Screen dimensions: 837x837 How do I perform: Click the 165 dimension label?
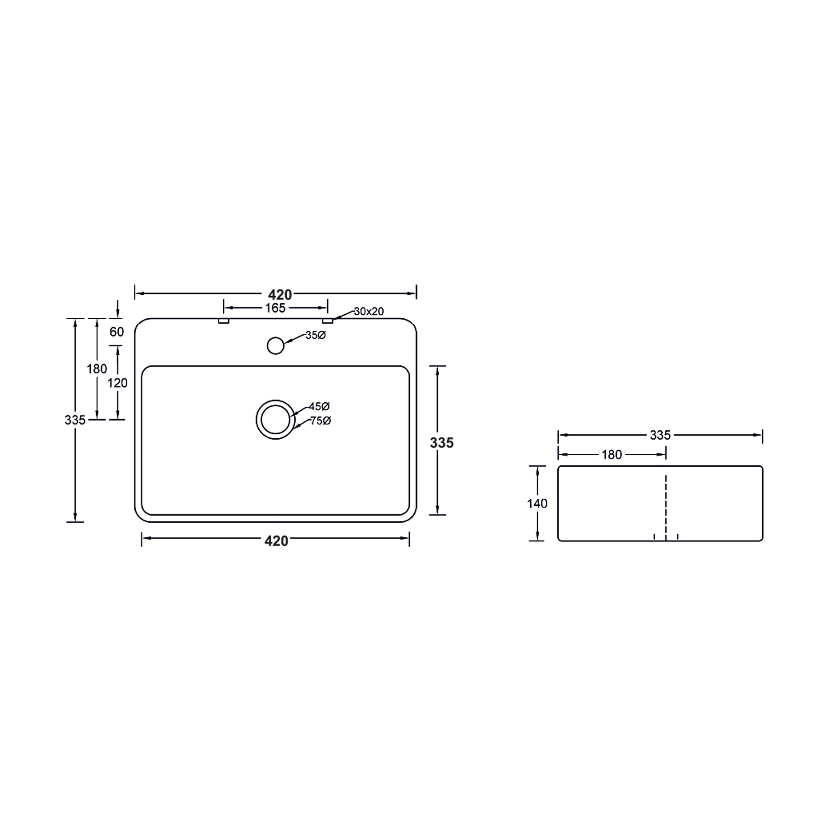tap(276, 308)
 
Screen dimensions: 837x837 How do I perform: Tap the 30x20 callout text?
tap(369, 311)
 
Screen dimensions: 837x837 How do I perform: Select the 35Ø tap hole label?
tap(315, 335)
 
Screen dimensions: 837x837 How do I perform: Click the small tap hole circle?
tap(276, 346)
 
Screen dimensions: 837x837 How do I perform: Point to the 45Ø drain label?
tap(319, 406)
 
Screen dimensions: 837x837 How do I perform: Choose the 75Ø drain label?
tap(320, 421)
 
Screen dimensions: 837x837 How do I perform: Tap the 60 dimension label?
tap(117, 332)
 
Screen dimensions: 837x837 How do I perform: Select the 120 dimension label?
tap(117, 383)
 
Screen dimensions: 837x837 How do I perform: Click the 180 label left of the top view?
tap(97, 369)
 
